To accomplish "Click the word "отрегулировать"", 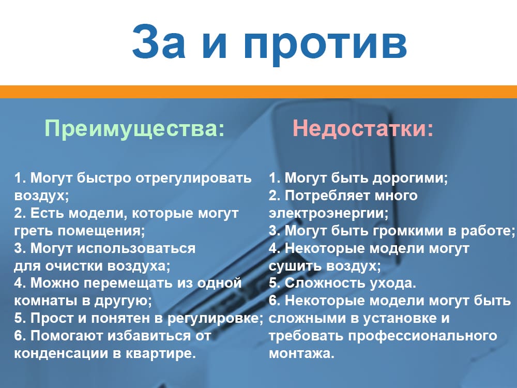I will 193,178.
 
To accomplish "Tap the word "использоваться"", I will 136,248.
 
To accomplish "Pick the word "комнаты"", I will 39,301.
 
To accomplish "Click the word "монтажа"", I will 302,354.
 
